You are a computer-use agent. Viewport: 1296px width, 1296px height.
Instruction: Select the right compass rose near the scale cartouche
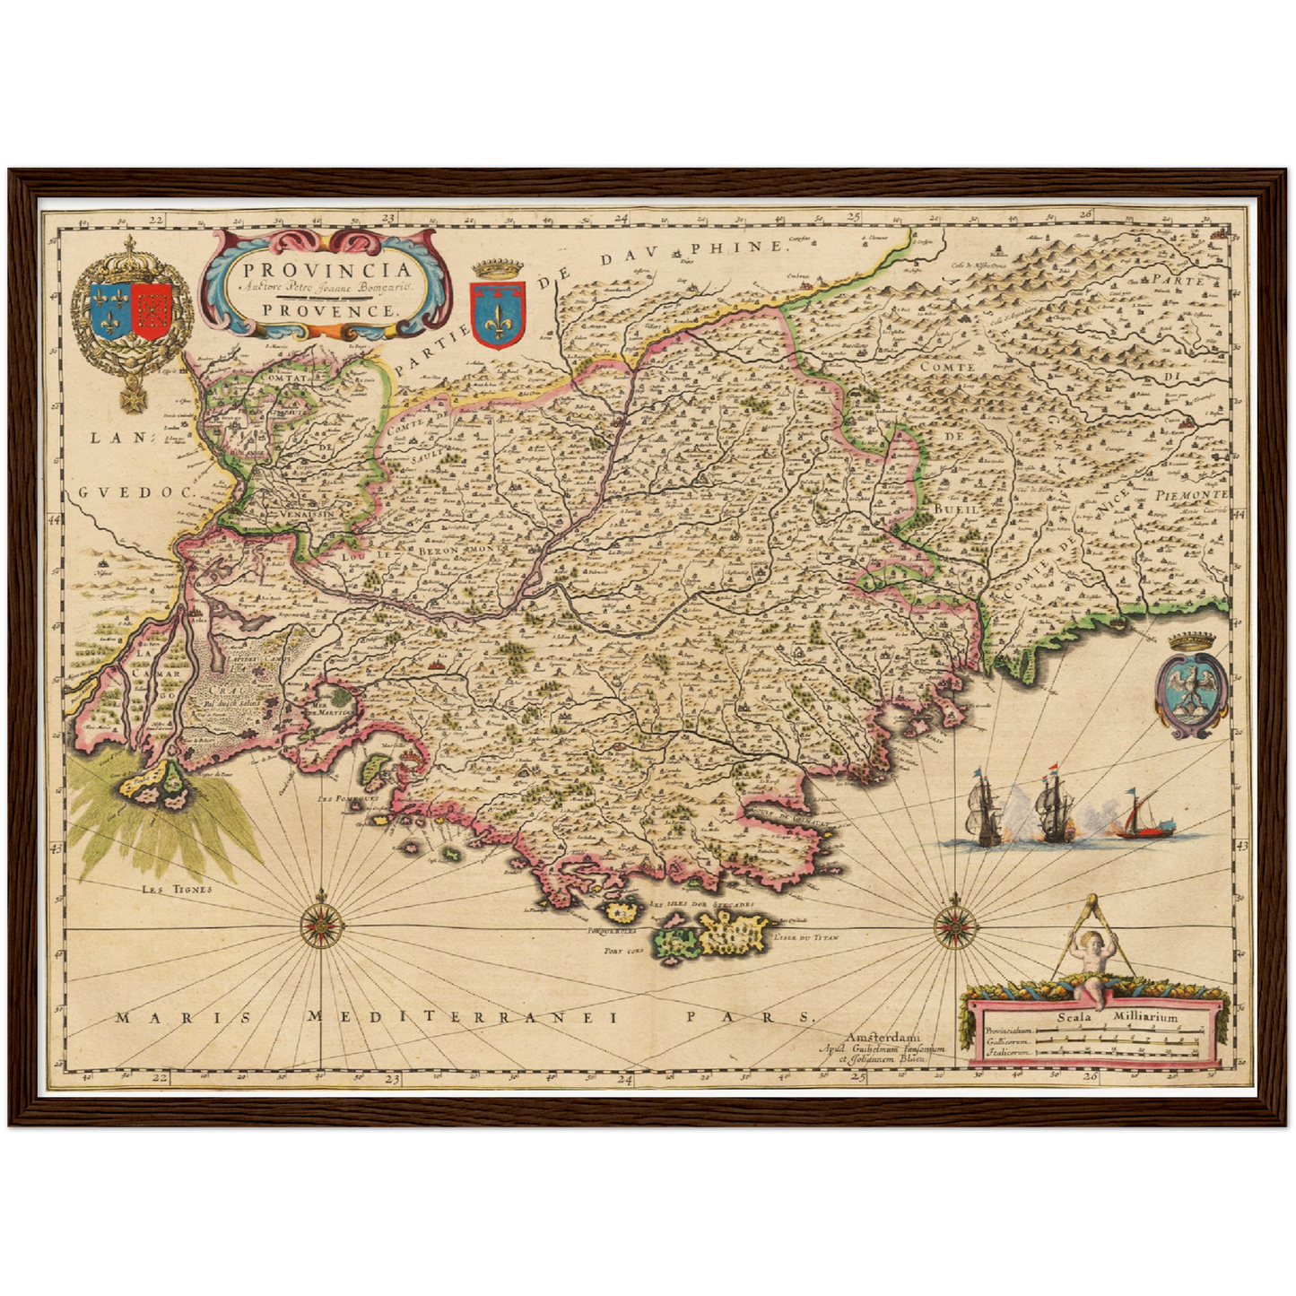point(954,924)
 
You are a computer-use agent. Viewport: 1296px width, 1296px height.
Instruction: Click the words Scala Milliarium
point(1117,1017)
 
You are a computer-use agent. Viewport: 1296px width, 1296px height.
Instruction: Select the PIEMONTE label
point(1196,495)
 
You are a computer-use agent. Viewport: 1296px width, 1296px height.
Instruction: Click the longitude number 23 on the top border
point(390,217)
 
